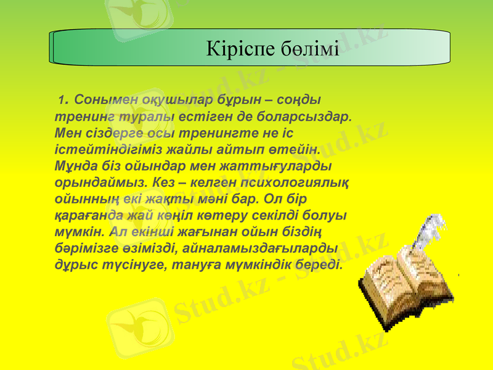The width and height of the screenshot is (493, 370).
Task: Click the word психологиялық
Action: tap(298, 183)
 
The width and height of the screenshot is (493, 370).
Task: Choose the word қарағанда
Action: tap(91, 216)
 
